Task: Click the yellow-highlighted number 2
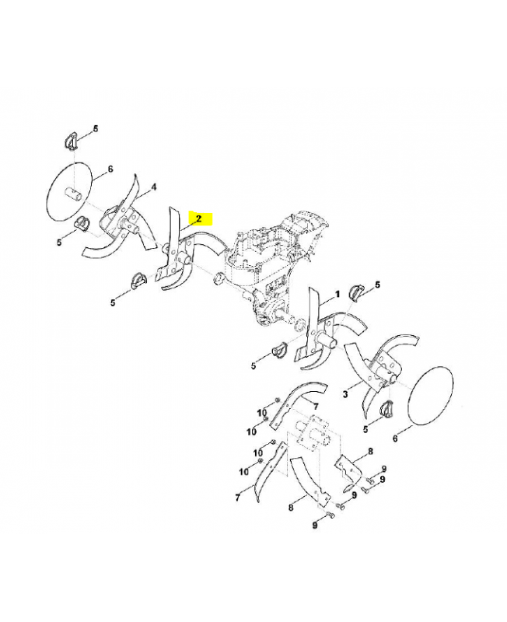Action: [x=199, y=218]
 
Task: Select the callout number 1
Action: [x=337, y=294]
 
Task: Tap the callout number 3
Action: [x=345, y=395]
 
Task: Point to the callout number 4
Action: [x=153, y=187]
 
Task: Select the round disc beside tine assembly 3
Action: [x=431, y=397]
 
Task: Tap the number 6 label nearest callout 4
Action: [x=110, y=169]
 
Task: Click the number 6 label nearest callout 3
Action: [x=395, y=439]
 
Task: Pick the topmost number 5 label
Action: [x=95, y=128]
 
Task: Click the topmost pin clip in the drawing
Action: [x=70, y=142]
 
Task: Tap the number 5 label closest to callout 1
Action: [x=377, y=285]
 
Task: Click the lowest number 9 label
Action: [x=315, y=525]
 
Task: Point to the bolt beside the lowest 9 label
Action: [x=330, y=515]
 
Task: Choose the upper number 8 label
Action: [x=371, y=451]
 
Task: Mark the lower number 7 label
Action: [x=238, y=497]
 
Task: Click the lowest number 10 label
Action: [x=243, y=471]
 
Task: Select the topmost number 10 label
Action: [x=262, y=414]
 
